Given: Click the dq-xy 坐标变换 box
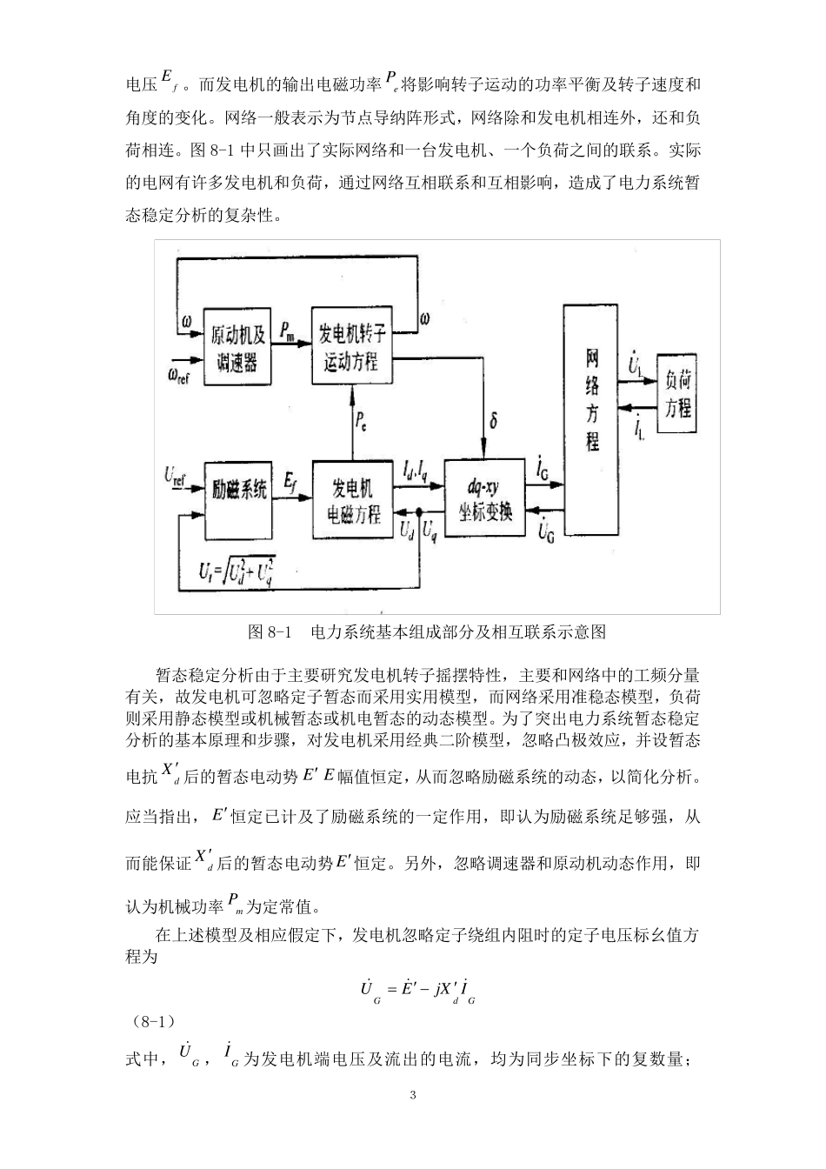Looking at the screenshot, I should click(x=484, y=498).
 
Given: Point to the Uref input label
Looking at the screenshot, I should click(x=177, y=475).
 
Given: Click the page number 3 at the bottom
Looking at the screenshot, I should click(x=413, y=1094).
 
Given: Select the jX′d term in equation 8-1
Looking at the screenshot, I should click(x=442, y=991).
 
